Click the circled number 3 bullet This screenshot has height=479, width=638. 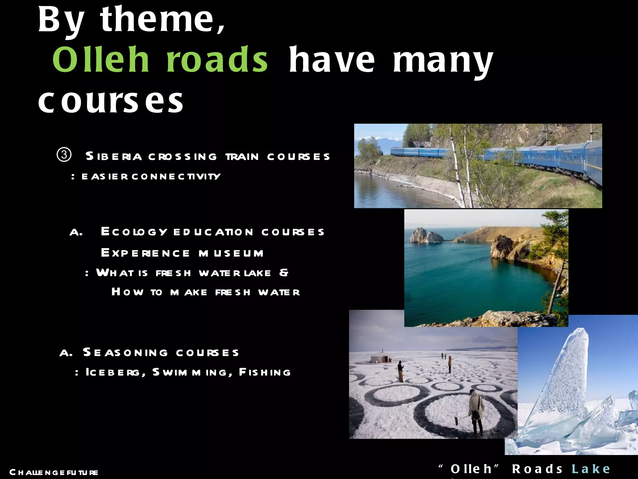pyautogui.click(x=64, y=155)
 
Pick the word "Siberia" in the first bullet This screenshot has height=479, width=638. pyautogui.click(x=114, y=156)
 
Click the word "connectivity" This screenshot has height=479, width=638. pyautogui.click(x=176, y=177)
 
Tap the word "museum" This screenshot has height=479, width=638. pyautogui.click(x=231, y=253)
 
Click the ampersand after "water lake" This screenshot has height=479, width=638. pyautogui.click(x=284, y=273)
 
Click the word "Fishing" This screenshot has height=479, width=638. pyautogui.click(x=265, y=372)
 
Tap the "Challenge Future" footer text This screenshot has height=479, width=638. pyautogui.click(x=54, y=472)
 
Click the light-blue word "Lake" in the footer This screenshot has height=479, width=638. pyautogui.click(x=591, y=469)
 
